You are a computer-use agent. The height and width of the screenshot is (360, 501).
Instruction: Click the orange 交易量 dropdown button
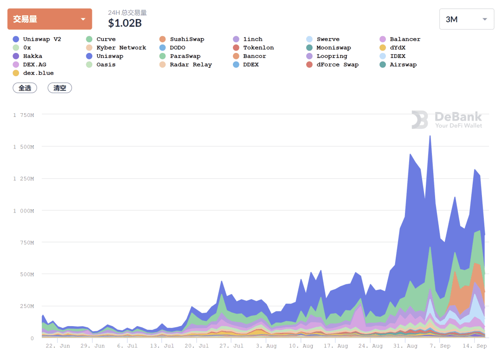click(x=50, y=19)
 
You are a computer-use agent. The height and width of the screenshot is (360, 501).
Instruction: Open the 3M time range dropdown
click(x=467, y=19)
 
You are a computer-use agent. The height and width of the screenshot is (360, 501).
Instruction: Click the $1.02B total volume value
click(x=125, y=23)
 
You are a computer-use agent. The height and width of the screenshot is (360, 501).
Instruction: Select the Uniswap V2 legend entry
click(x=37, y=39)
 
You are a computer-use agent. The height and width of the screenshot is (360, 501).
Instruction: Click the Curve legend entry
click(x=101, y=39)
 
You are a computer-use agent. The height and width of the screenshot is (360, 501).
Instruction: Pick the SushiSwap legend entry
click(x=182, y=39)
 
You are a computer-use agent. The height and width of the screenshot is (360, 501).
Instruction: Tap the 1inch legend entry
click(x=248, y=39)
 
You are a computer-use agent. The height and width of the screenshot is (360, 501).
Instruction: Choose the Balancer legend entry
click(x=400, y=39)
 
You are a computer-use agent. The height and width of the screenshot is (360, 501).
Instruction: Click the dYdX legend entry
click(x=392, y=48)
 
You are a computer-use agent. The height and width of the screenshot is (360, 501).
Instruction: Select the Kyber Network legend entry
click(x=116, y=48)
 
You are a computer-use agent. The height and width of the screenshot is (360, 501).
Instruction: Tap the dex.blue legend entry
click(x=33, y=73)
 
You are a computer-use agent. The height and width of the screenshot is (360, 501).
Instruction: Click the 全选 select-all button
click(x=25, y=88)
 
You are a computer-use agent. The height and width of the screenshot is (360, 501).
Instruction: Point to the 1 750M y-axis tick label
click(x=24, y=115)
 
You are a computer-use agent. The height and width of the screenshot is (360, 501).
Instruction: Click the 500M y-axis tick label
click(x=27, y=274)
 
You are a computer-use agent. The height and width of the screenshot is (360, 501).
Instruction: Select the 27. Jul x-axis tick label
click(x=231, y=346)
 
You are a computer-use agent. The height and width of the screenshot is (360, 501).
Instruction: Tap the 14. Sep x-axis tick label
click(x=475, y=346)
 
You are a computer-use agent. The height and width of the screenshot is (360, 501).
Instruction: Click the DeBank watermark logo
click(x=447, y=120)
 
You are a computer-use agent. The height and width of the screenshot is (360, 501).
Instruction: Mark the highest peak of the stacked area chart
click(x=430, y=136)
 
